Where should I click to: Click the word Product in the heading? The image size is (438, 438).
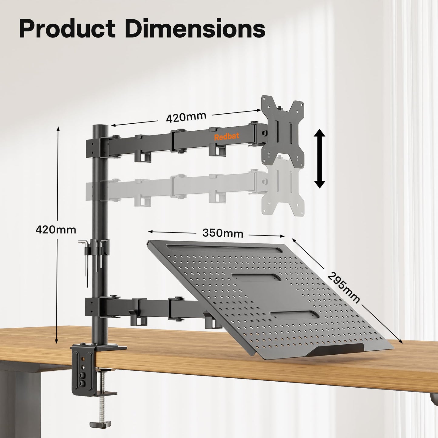point(67,29)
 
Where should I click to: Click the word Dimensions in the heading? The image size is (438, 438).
point(195,29)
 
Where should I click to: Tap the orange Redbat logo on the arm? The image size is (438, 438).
point(226,137)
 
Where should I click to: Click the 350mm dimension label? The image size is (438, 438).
point(222,233)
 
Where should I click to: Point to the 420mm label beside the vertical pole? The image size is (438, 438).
point(56,229)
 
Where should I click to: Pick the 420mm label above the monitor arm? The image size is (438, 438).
point(186,117)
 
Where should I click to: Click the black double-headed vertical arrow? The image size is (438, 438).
point(319,158)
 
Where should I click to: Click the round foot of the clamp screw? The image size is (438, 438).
point(100,424)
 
